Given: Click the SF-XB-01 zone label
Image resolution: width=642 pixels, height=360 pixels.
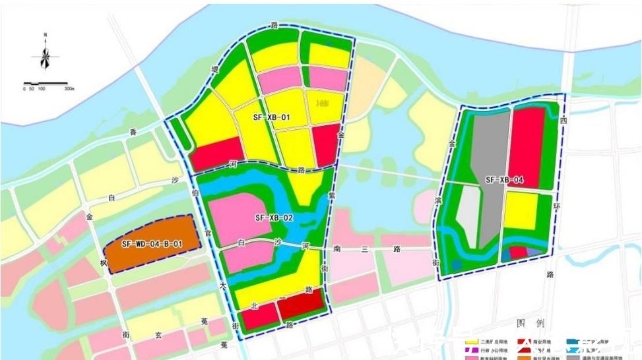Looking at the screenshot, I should click(272, 117).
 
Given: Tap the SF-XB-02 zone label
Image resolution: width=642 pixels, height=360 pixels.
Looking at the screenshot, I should click(273, 217).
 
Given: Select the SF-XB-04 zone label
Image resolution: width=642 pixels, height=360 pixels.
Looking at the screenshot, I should click(505, 180).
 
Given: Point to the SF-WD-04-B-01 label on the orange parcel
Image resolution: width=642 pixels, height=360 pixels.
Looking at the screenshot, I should click(152, 244).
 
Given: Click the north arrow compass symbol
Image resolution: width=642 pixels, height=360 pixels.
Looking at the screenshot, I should click(45, 55).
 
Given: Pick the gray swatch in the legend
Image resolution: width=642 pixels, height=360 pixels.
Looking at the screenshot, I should click(574, 357).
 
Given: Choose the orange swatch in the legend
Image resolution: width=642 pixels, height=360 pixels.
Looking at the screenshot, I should click(523, 357).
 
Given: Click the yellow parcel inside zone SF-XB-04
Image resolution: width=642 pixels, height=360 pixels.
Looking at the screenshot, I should click(521, 211).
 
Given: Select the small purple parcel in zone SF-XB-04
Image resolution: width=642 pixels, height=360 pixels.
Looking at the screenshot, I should click(532, 253).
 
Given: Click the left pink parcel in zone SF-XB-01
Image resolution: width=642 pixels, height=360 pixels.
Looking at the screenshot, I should click(278, 80).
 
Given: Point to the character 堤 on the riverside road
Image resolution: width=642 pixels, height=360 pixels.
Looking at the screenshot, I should click(214, 68).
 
